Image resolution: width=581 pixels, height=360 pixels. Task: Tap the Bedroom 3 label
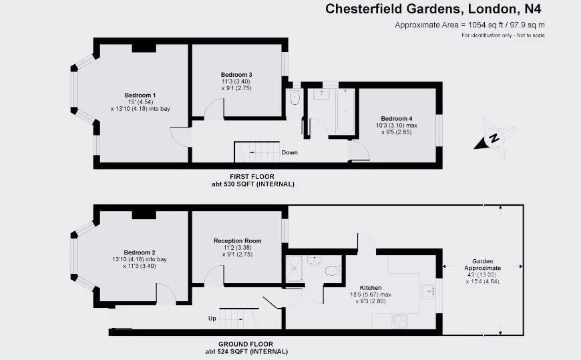point(236,74)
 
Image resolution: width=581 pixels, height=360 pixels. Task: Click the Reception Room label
point(237,240)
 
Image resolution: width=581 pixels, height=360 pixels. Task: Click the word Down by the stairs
point(289,152)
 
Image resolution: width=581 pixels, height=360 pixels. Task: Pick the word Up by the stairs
point(212,319)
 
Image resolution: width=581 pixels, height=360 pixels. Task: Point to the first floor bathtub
point(345,110)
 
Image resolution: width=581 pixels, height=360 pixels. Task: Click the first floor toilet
point(295,102)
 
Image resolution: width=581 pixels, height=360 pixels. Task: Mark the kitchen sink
point(427,290)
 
